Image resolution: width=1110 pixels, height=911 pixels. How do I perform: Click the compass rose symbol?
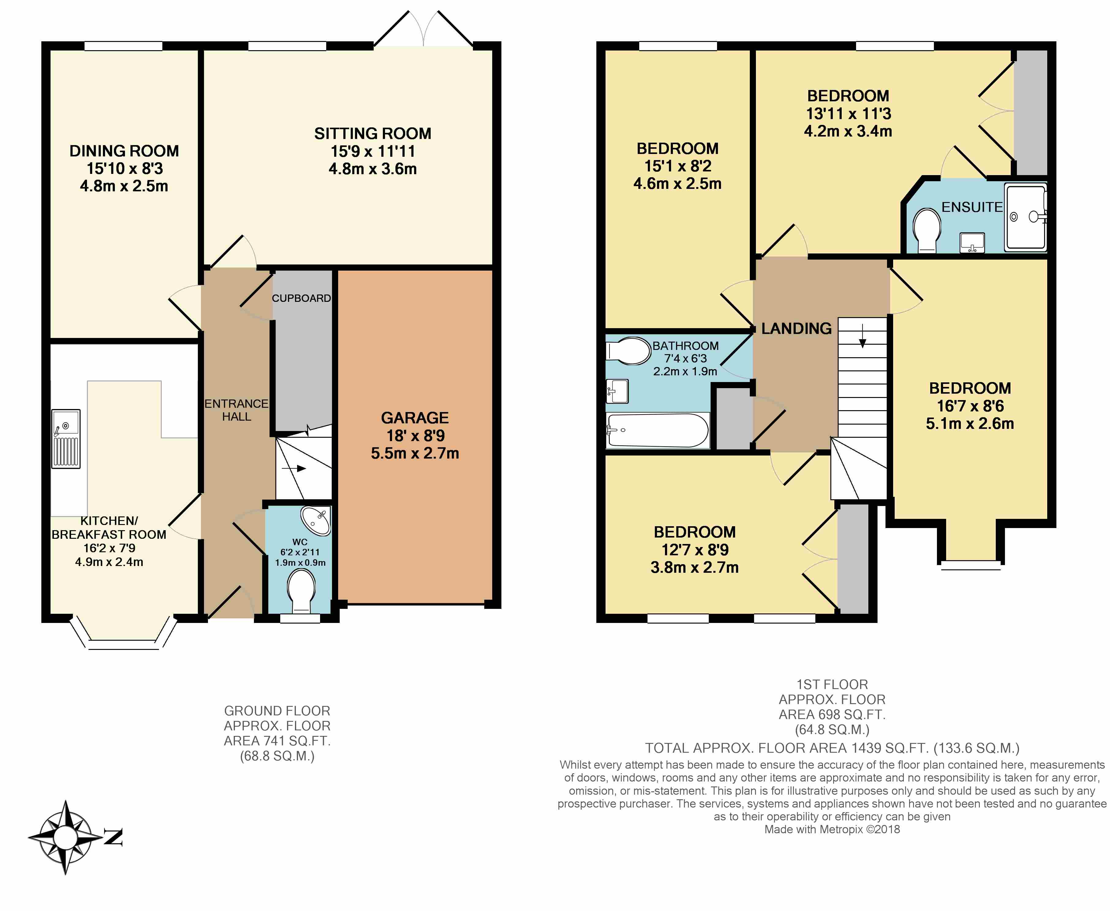(65, 838)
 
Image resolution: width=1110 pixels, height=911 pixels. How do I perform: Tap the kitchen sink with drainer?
(66, 439)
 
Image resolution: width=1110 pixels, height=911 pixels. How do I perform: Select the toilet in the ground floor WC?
(301, 591)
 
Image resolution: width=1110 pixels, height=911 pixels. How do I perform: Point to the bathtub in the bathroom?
(657, 430)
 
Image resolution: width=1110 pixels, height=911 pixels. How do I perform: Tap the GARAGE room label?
(415, 418)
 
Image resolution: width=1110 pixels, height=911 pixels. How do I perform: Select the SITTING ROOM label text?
(373, 133)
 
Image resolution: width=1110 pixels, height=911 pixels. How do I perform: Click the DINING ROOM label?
(124, 151)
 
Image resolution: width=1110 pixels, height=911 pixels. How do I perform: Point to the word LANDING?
(797, 328)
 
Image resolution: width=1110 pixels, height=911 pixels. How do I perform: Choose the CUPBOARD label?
(301, 298)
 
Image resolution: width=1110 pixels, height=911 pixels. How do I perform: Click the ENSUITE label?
(972, 207)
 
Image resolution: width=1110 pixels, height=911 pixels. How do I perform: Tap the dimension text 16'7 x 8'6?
(970, 406)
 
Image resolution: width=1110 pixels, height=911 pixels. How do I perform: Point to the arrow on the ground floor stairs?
(294, 468)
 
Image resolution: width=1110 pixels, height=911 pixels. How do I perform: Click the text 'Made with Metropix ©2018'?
(832, 830)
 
